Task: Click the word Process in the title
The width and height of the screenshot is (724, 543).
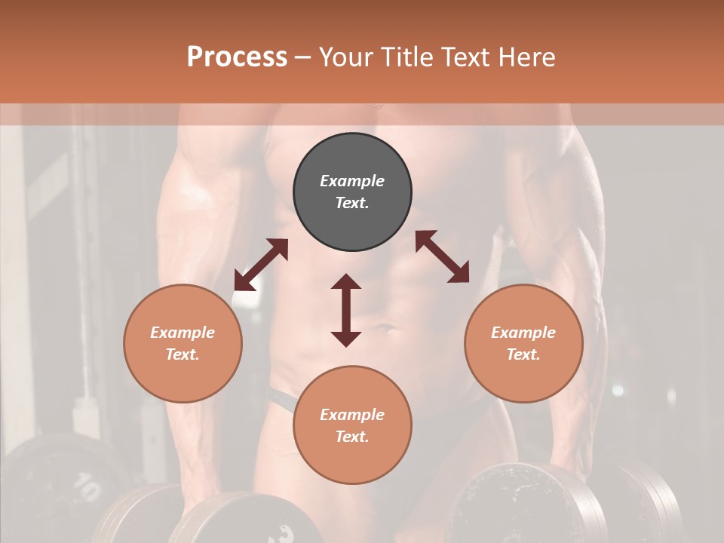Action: (237, 57)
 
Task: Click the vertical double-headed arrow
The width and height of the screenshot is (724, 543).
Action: (346, 310)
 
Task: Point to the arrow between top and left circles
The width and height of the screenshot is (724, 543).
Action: (261, 265)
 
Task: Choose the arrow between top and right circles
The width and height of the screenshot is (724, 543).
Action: (442, 256)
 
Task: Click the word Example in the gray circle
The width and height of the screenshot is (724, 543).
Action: (352, 181)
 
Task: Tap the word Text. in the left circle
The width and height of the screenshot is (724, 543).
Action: (183, 354)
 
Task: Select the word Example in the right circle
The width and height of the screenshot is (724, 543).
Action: (523, 333)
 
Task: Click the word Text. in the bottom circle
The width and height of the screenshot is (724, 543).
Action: (352, 437)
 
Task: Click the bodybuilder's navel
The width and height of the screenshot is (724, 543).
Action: (385, 329)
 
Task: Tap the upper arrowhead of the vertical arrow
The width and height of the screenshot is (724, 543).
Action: (346, 283)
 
